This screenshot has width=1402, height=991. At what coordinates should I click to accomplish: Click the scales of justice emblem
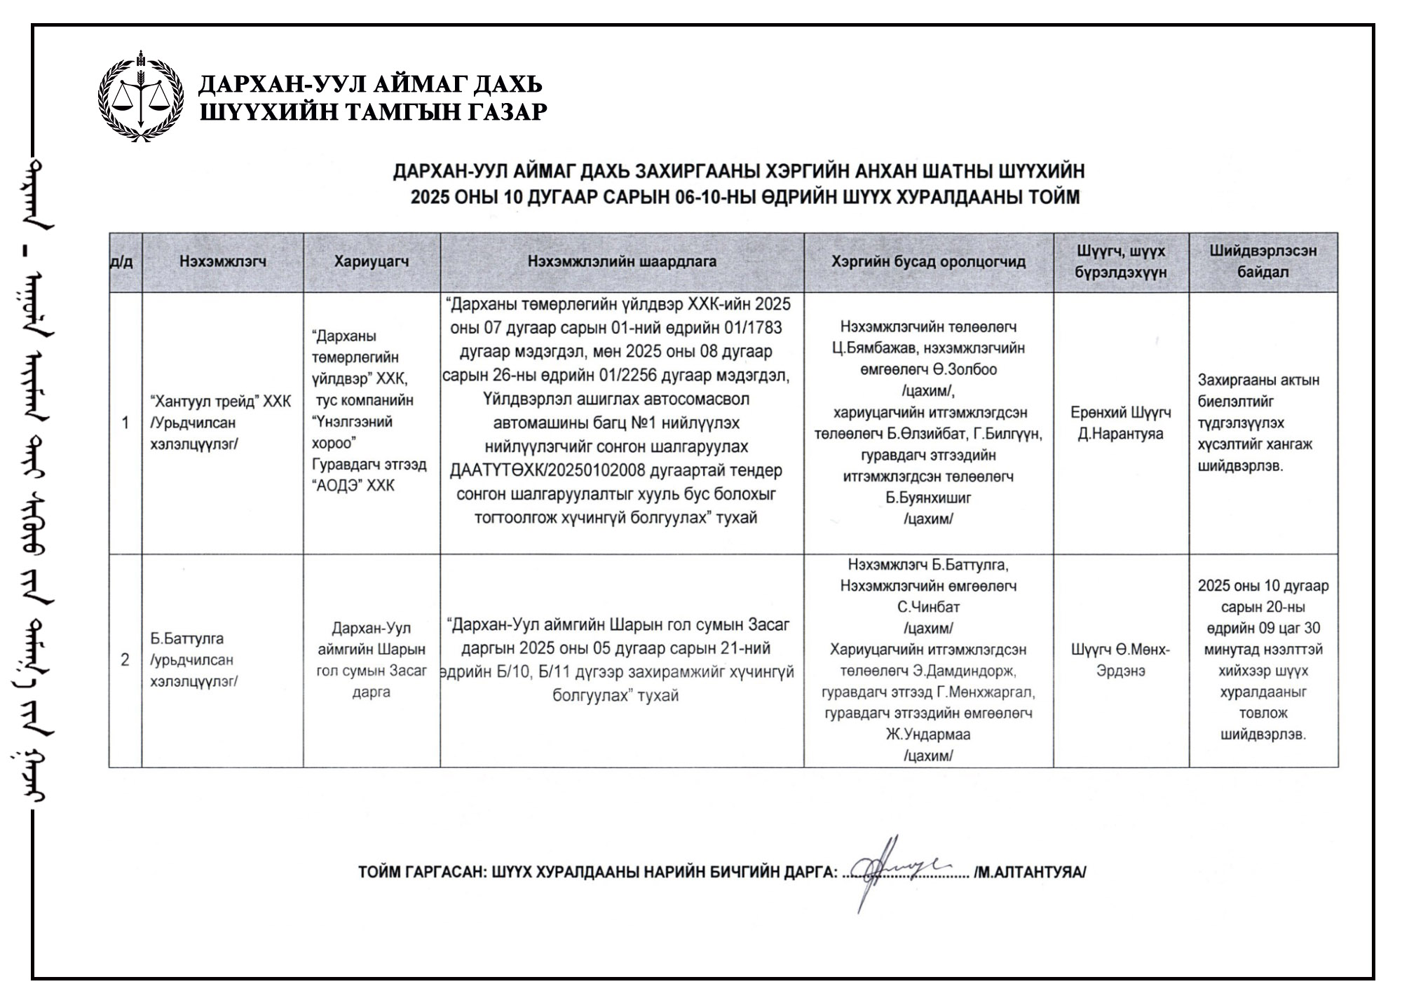pyautogui.click(x=141, y=96)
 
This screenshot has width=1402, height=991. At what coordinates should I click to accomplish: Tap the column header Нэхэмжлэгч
pyautogui.click(x=223, y=261)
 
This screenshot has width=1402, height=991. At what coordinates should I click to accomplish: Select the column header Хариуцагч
pyautogui.click(x=372, y=261)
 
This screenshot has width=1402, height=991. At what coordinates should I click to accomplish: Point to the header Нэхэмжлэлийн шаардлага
pyautogui.click(x=622, y=261)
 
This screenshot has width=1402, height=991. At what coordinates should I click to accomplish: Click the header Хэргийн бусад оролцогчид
pyautogui.click(x=928, y=261)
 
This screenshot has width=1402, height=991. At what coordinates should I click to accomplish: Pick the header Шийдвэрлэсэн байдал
pyautogui.click(x=1263, y=261)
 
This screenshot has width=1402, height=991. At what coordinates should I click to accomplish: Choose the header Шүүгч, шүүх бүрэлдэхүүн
pyautogui.click(x=1121, y=261)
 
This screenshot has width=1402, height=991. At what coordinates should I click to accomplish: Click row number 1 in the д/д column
pyautogui.click(x=125, y=423)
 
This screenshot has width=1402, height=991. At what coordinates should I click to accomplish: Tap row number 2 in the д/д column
pyautogui.click(x=125, y=659)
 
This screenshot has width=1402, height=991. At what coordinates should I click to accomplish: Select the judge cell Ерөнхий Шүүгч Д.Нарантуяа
pyautogui.click(x=1121, y=423)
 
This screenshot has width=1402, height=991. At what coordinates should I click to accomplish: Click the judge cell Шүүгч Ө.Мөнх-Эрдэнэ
pyautogui.click(x=1121, y=659)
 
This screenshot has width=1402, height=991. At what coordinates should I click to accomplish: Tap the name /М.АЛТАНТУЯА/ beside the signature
pyautogui.click(x=1030, y=873)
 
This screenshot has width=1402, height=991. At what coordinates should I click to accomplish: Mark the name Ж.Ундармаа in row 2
pyautogui.click(x=928, y=734)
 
